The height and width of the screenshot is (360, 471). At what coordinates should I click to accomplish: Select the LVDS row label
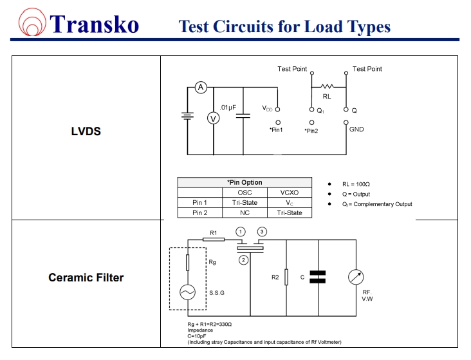point(86,131)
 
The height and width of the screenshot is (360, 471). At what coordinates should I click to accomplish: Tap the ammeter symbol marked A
point(200,88)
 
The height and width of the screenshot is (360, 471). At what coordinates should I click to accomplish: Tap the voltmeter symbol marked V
point(214,118)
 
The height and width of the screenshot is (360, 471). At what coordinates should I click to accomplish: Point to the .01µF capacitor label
point(229,107)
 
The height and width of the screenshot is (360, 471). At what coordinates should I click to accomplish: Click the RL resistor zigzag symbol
point(328,86)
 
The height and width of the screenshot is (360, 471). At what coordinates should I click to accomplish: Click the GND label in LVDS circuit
point(356,129)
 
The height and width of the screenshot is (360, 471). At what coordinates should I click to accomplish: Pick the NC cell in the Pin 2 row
point(245,213)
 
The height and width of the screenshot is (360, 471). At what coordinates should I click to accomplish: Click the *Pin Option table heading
point(245,183)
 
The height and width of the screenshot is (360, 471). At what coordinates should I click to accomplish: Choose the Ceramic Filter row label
point(86,278)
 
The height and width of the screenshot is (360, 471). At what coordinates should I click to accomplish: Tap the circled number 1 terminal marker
point(241,231)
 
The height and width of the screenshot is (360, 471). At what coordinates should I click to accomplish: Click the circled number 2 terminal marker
point(243,260)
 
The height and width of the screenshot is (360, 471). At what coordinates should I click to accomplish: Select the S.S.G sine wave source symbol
point(188,292)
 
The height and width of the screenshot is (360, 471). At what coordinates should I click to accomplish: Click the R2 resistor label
point(275,278)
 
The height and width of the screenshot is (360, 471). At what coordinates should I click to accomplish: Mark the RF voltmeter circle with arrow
point(356,278)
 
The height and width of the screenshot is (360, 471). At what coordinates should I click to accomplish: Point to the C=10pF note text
point(197,336)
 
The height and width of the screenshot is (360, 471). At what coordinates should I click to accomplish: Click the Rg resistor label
point(212,263)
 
